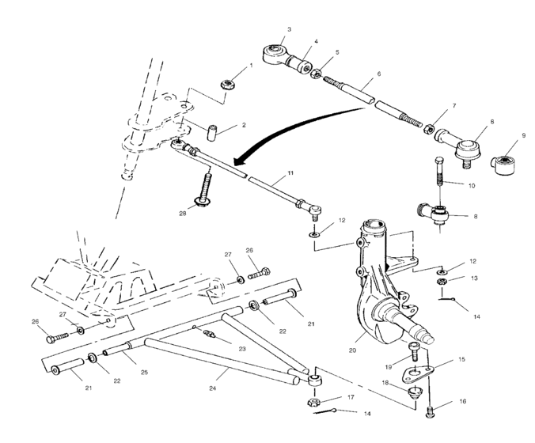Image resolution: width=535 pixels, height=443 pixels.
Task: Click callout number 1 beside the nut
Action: coord(251,66)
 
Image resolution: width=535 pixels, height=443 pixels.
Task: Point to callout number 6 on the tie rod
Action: coord(379,74)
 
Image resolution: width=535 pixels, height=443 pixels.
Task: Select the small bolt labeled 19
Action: coord(413,347)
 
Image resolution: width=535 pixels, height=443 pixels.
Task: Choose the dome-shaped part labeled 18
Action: coord(412,392)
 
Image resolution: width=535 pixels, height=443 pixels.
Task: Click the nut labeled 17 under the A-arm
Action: coord(313,403)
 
